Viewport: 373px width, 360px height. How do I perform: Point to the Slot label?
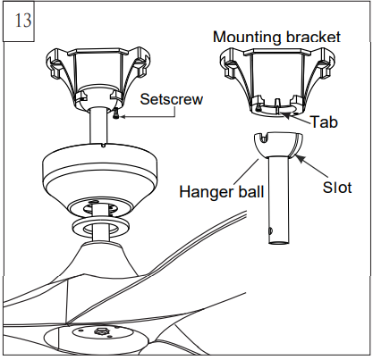[x=338, y=188]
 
